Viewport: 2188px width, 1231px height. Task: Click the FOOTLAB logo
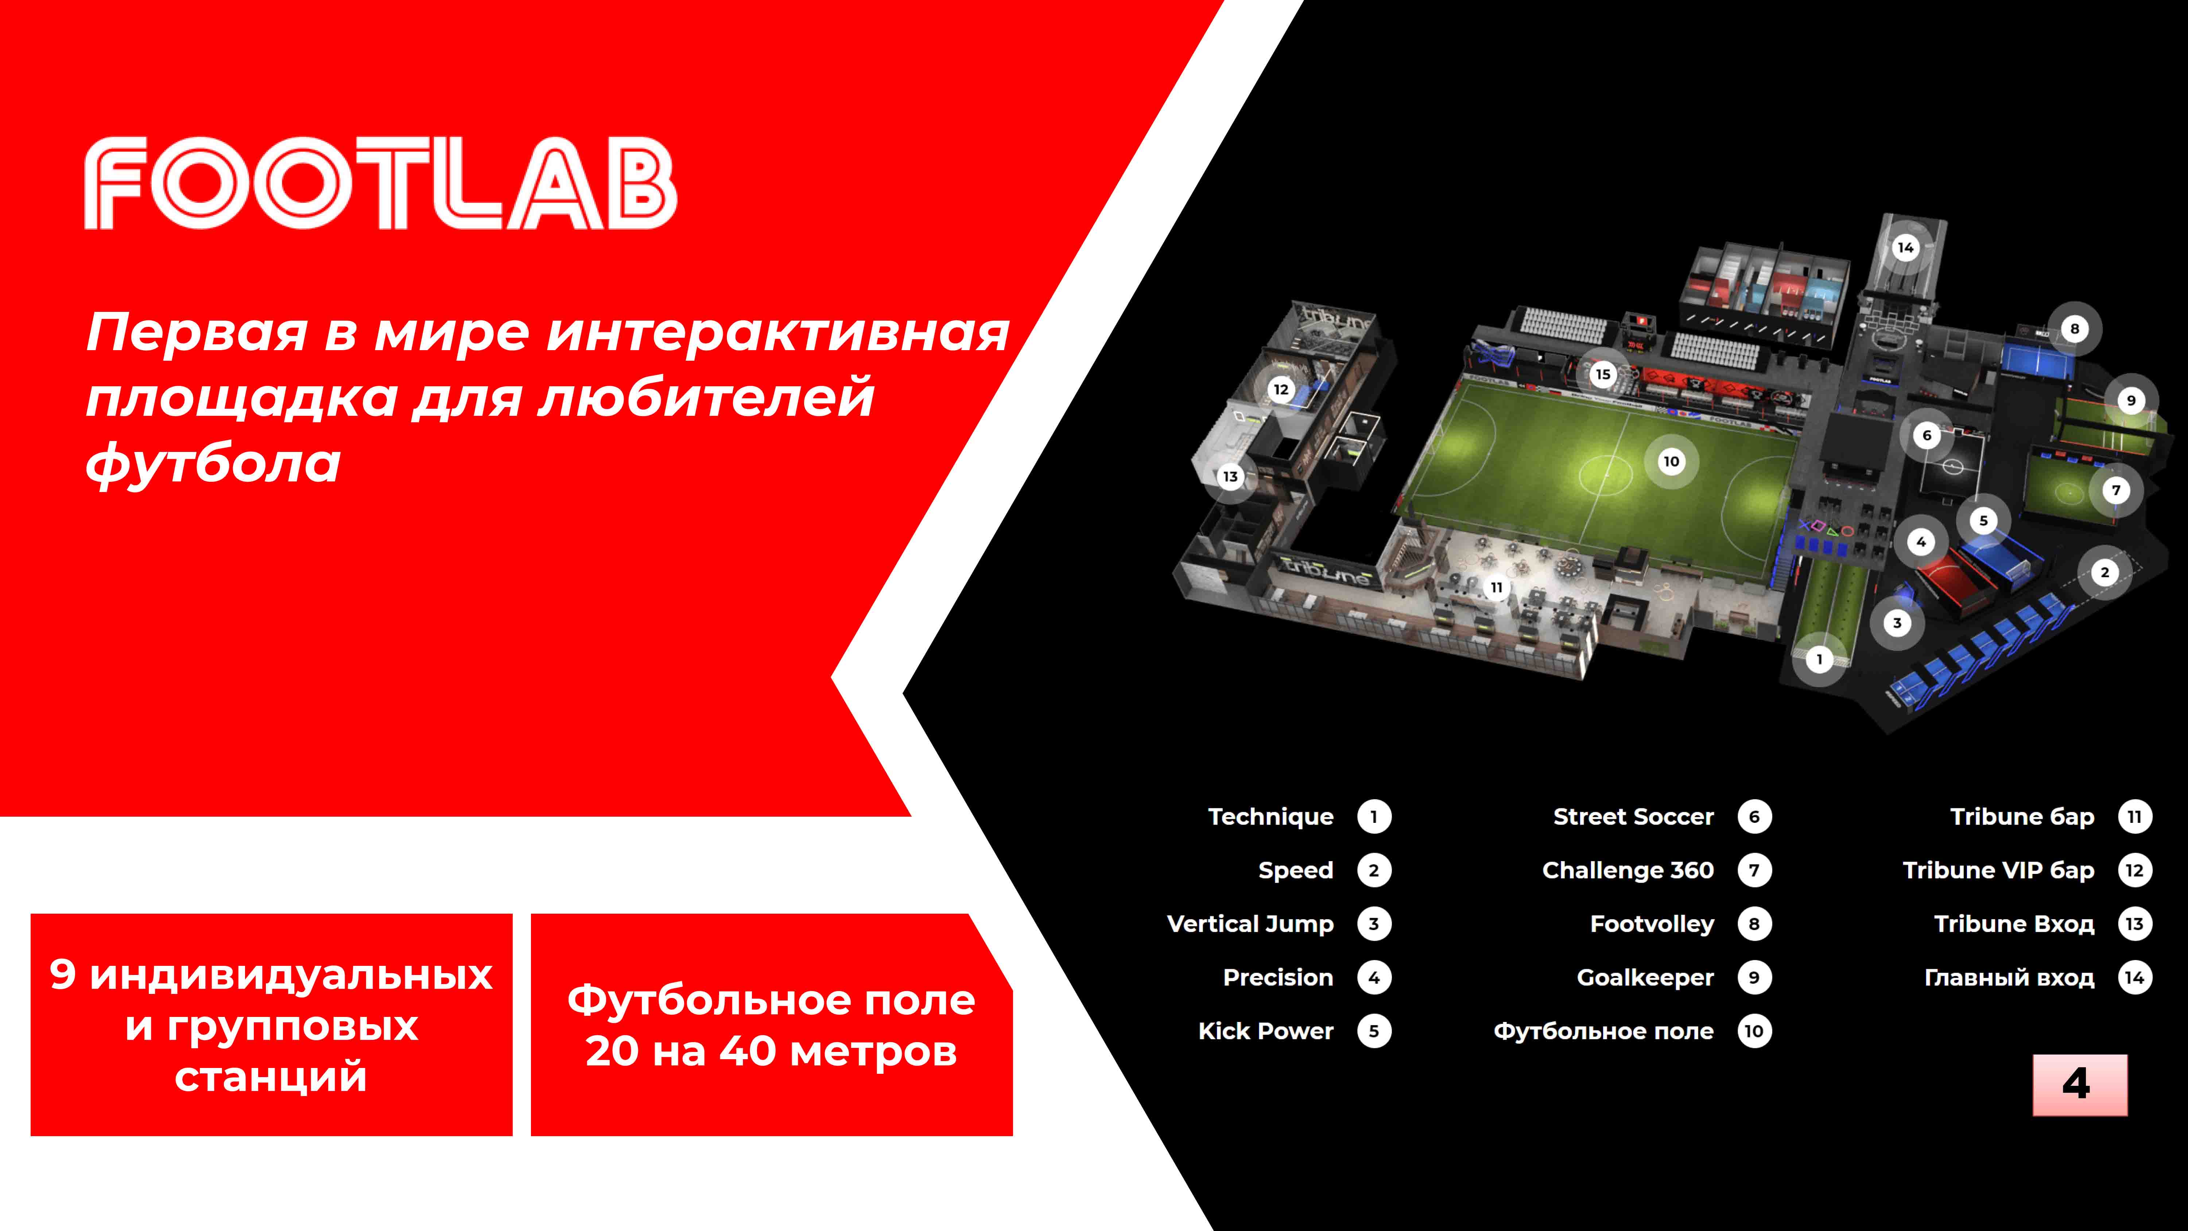point(380,183)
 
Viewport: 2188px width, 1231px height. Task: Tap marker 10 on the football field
point(1671,461)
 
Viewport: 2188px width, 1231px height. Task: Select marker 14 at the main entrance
point(1905,247)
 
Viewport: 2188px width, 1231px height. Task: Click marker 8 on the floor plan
point(2074,329)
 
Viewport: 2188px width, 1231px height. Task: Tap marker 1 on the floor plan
point(1819,659)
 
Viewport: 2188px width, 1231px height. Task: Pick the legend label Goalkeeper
point(1645,978)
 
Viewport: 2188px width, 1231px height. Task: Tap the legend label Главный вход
point(2009,978)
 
